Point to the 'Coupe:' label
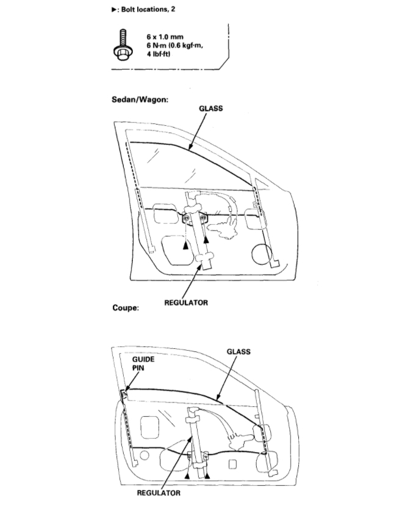tap(126, 307)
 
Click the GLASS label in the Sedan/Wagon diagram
tap(211, 108)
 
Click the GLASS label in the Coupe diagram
tap(238, 351)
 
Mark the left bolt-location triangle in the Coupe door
tap(188, 474)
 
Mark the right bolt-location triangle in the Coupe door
tap(207, 474)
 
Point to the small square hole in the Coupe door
tap(232, 464)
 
